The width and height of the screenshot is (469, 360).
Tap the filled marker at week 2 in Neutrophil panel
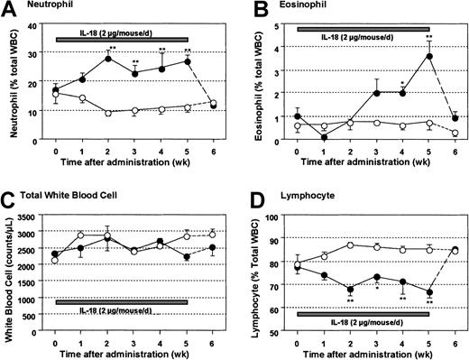pos(108,59)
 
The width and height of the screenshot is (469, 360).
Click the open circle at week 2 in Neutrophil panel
pos(108,113)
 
